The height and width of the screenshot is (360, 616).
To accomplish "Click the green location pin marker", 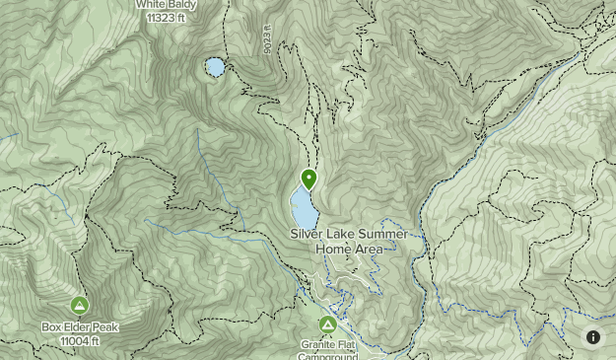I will click(x=308, y=179).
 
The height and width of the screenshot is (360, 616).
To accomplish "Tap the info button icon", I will click(x=593, y=337).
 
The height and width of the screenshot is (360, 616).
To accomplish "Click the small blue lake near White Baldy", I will click(x=214, y=67).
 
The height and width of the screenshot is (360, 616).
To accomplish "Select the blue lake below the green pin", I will click(x=304, y=208).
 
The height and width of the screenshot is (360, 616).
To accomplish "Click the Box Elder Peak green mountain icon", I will click(x=79, y=305).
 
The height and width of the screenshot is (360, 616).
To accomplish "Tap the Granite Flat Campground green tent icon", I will click(x=327, y=324).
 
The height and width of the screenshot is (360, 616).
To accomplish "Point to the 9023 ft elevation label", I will click(x=267, y=40).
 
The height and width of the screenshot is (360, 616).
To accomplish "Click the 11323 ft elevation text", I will click(x=167, y=17).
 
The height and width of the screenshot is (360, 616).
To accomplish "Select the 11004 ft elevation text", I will click(x=79, y=340).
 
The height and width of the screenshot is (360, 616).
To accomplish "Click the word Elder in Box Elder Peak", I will click(x=79, y=327).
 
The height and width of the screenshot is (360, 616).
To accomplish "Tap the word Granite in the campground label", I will click(x=316, y=345).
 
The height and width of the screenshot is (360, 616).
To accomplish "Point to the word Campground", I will click(x=327, y=356).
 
